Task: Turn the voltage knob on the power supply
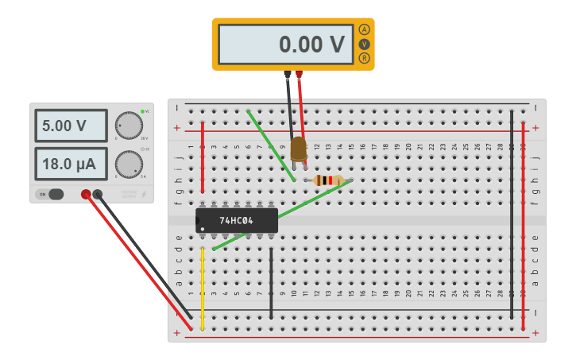click(127, 125)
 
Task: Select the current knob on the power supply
click(127, 164)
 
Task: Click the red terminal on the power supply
click(86, 194)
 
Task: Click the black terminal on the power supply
click(98, 194)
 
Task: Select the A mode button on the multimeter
click(365, 29)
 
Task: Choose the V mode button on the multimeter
click(365, 44)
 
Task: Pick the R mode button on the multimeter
click(365, 58)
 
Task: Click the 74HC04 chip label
click(236, 220)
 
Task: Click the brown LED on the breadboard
click(298, 149)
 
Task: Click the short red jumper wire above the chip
click(203, 157)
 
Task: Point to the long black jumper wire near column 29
click(512, 215)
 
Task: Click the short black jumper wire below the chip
click(272, 282)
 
